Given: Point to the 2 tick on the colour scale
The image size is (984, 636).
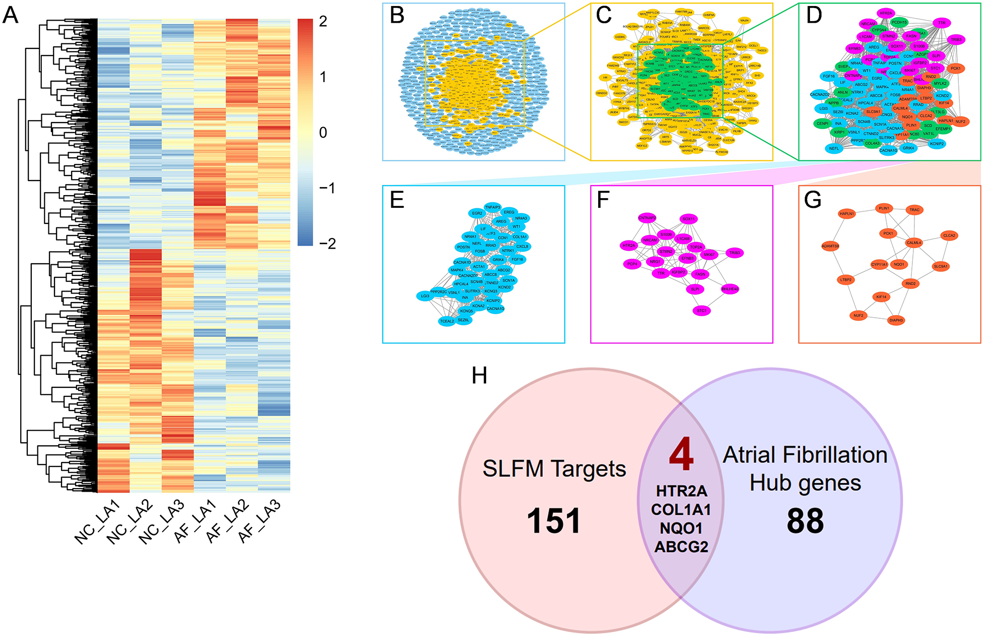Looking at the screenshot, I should click(323, 22).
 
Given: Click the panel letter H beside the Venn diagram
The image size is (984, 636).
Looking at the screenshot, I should click(479, 376).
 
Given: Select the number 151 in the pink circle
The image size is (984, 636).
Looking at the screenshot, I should click(554, 521).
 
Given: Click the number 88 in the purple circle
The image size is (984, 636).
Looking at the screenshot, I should click(805, 521).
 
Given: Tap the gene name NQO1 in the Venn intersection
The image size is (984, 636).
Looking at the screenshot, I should click(681, 528).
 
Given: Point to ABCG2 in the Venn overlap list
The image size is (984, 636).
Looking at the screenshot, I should click(681, 547).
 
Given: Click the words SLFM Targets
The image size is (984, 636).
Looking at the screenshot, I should click(554, 469).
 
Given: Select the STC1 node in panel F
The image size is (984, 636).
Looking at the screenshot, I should click(702, 311).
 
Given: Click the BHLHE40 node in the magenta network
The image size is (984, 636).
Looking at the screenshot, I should click(730, 289).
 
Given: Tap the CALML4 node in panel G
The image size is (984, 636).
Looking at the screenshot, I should click(914, 243).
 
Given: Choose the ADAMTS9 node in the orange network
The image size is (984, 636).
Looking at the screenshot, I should click(830, 246).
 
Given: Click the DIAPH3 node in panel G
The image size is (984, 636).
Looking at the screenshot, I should click(896, 320).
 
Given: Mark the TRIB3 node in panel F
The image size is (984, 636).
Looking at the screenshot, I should click(735, 253).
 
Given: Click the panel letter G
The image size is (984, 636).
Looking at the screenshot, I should click(813, 200).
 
